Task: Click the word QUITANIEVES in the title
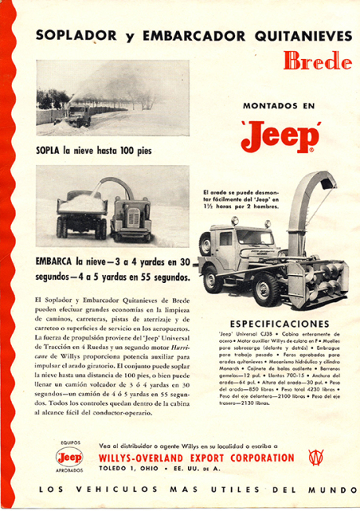[288, 35]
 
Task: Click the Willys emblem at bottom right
[317, 458]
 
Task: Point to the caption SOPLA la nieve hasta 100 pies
[94, 149]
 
